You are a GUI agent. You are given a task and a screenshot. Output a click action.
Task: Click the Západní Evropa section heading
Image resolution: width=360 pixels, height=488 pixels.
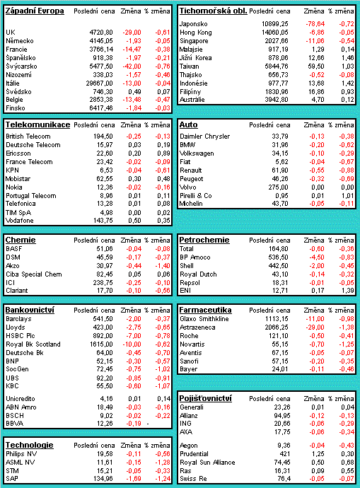pos(35,11)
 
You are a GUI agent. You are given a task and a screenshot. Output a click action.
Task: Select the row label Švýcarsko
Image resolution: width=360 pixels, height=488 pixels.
pos(21,66)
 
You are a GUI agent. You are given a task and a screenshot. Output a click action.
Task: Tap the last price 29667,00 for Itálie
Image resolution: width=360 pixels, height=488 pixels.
pos(99,83)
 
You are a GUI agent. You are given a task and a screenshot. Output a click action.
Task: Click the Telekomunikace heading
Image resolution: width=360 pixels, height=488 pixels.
pos(37,124)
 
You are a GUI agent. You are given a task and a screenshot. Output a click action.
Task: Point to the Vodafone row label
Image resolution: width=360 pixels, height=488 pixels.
pos(20,221)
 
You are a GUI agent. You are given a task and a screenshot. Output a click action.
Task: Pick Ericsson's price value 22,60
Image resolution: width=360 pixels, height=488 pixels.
pos(104,153)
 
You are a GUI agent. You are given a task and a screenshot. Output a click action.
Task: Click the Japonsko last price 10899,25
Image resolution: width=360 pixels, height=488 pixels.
pos(274,24)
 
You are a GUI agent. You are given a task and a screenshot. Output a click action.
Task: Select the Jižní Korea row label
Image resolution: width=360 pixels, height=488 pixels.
pos(196,58)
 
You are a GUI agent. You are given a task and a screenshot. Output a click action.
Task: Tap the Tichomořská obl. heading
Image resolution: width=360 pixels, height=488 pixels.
pos(213,11)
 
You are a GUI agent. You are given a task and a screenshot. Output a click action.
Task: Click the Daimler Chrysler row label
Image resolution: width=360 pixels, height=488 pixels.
pos(204,136)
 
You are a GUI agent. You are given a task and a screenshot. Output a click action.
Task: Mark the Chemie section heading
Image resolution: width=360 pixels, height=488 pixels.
pos(21,240)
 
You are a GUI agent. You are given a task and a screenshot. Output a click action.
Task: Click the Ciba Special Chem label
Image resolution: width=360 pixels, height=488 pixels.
pos(34,274)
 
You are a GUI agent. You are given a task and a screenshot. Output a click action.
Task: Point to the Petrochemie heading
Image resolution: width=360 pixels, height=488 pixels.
pos(204,240)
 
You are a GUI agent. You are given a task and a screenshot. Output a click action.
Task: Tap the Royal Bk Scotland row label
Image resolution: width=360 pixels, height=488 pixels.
pos(33,344)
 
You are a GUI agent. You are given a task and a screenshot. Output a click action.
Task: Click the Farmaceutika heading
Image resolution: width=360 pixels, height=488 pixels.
pos(205,310)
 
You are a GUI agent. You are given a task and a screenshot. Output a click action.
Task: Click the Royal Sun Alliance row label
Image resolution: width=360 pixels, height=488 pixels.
pos(207,463)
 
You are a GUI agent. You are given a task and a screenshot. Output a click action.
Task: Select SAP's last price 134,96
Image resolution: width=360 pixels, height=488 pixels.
pos(103,479)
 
